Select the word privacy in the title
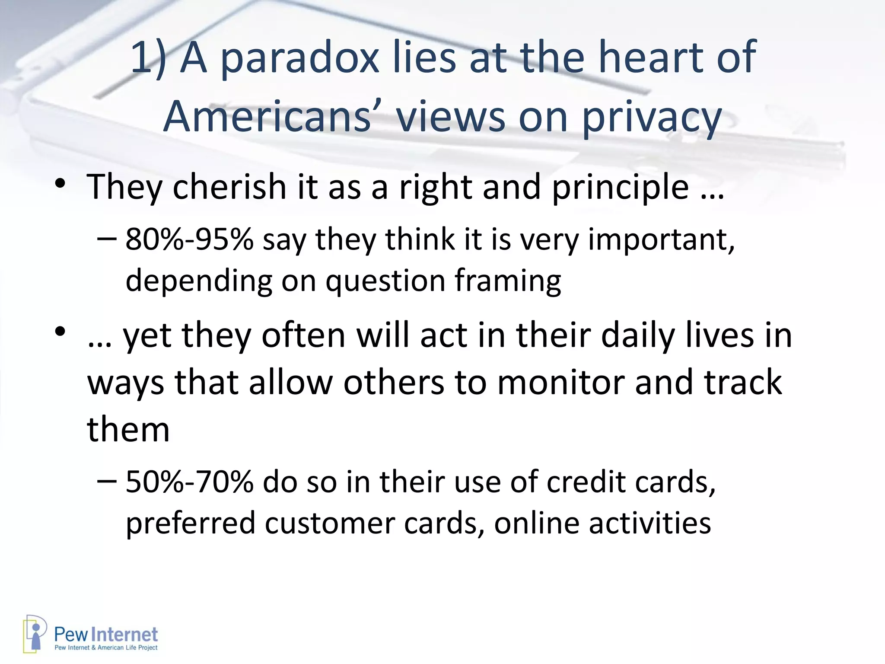[x=652, y=118]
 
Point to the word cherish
[x=229, y=187]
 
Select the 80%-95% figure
[x=189, y=239]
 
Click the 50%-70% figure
[x=189, y=482]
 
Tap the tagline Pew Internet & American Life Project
[x=106, y=648]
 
